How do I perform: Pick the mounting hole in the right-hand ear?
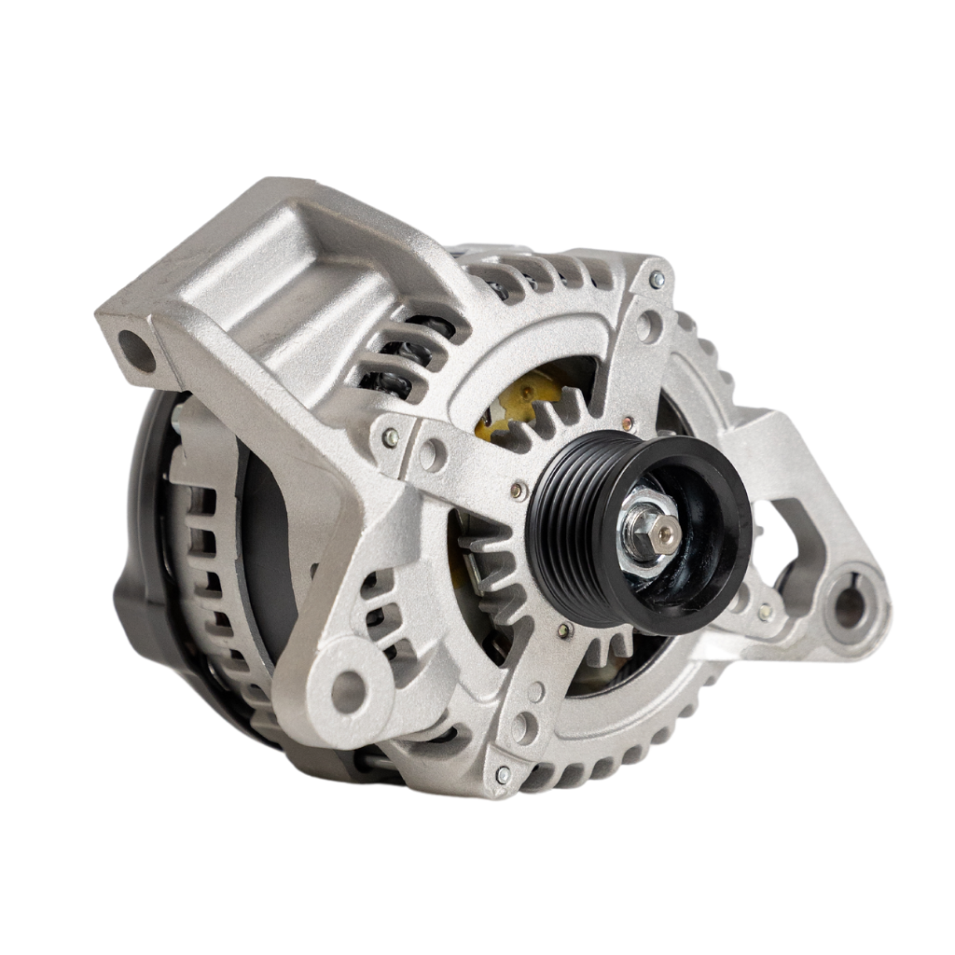pyautogui.click(x=850, y=607)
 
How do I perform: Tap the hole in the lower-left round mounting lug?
pyautogui.click(x=349, y=689)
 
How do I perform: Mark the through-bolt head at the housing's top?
pyautogui.click(x=657, y=279)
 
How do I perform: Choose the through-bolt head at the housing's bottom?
pyautogui.click(x=503, y=774)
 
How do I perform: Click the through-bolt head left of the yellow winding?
pyautogui.click(x=391, y=436)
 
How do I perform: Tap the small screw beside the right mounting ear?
pyautogui.click(x=765, y=612)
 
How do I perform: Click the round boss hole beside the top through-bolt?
pyautogui.click(x=647, y=326)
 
